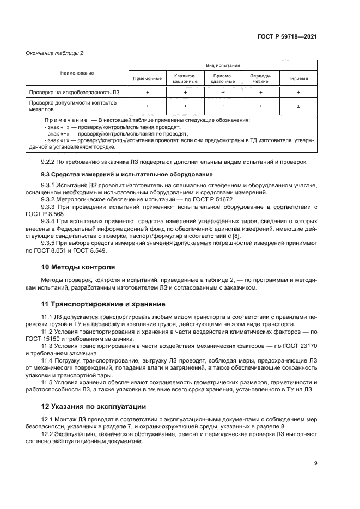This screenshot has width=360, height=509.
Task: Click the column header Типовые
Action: pos(298,78)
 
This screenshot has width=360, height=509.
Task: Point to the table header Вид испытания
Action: pos(223,65)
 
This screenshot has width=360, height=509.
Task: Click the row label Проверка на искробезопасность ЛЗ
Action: pos(69,93)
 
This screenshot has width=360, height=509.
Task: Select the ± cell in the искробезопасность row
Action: pos(298,93)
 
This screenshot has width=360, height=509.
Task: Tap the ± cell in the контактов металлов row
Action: pos(298,106)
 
